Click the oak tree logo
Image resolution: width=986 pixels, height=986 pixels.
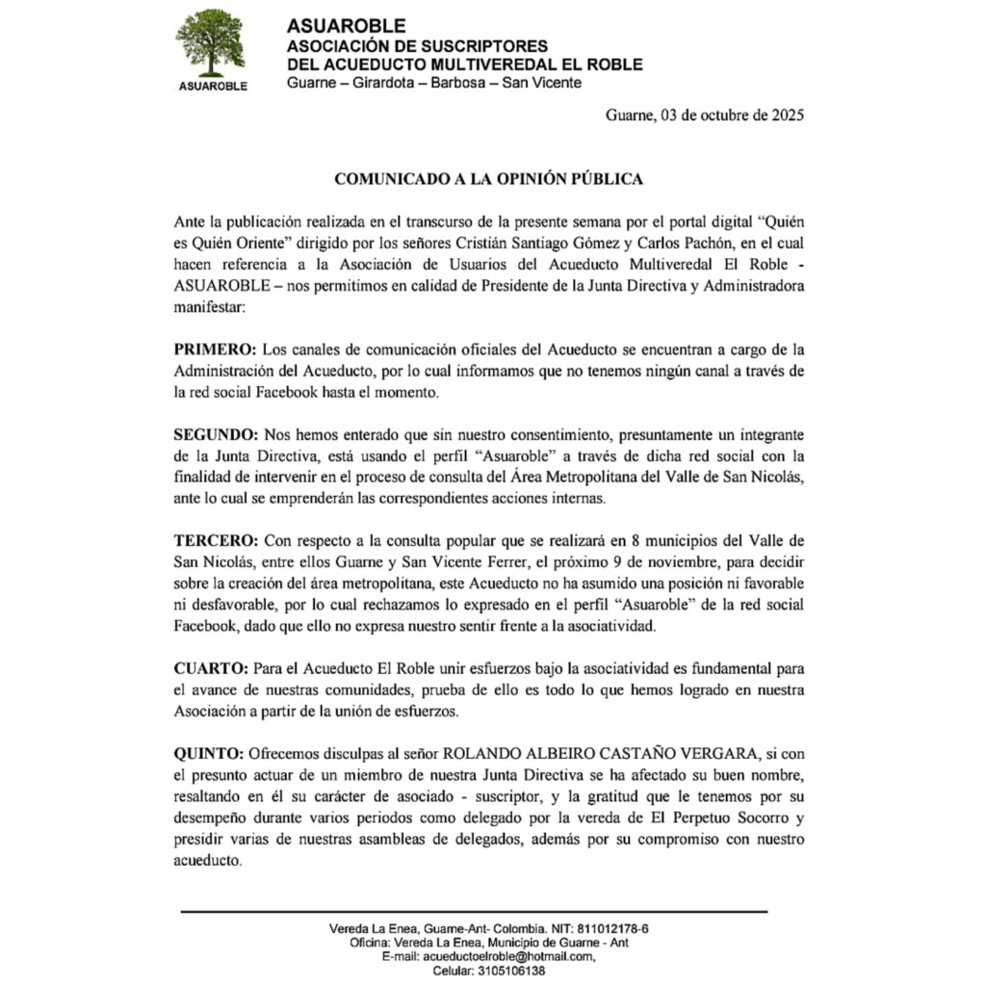(x=210, y=42)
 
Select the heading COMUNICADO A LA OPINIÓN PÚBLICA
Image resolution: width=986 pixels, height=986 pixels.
(x=488, y=179)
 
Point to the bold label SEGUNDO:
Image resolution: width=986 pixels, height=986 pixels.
(x=215, y=435)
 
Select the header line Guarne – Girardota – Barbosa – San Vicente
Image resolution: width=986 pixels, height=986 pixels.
(x=434, y=84)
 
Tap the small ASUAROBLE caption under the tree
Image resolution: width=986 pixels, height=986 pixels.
(x=214, y=86)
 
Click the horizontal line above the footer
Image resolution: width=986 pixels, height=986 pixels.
(x=474, y=911)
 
